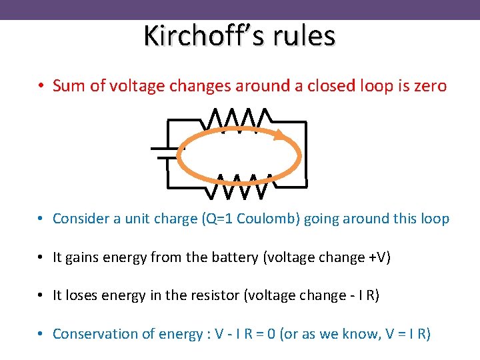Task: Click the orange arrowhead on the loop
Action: point(283,136)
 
